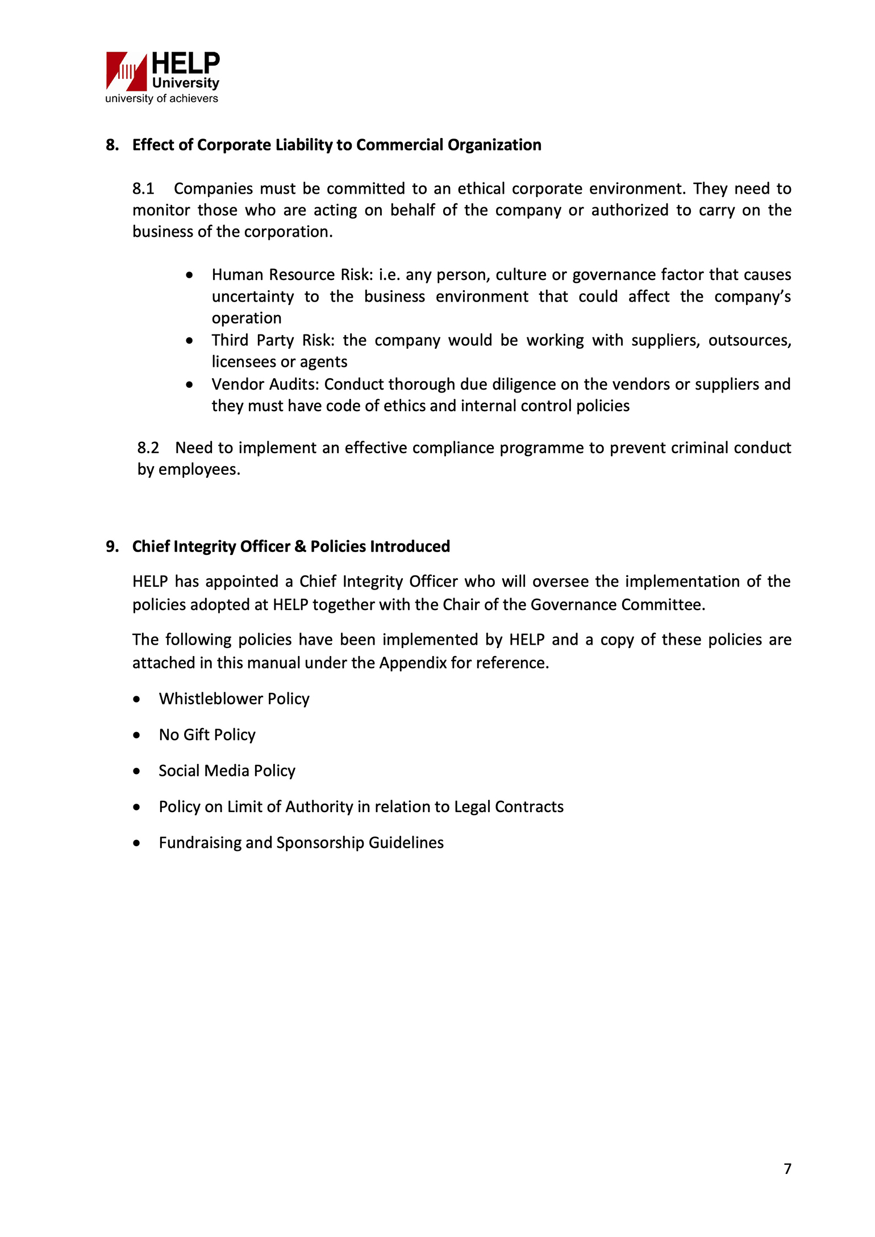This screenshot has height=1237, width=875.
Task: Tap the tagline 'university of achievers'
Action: click(x=161, y=99)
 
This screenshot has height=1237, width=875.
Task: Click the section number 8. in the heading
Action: click(x=112, y=145)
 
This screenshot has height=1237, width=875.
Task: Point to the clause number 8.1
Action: click(x=143, y=189)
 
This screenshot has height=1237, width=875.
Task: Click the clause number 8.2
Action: click(x=148, y=448)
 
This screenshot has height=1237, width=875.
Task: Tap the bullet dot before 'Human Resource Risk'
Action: click(x=189, y=275)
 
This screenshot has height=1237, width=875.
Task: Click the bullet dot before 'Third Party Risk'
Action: click(x=189, y=341)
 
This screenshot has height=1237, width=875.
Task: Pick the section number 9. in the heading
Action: click(x=112, y=546)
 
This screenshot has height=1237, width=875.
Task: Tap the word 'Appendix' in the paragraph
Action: click(x=413, y=663)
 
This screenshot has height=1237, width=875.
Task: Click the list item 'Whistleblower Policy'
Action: click(x=234, y=699)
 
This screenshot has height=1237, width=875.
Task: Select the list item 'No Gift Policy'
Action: click(x=207, y=735)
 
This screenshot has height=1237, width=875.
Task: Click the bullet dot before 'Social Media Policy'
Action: click(x=136, y=771)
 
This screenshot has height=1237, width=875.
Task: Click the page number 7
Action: click(x=788, y=1169)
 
